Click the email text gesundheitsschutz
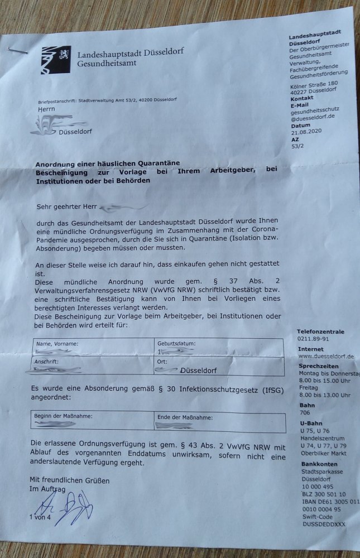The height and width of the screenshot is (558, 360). click(x=315, y=110)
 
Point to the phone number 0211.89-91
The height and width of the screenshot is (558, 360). click(x=313, y=339)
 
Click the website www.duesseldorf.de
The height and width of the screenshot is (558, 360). click(x=327, y=356)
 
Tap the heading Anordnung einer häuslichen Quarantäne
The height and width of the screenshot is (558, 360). click(x=107, y=163)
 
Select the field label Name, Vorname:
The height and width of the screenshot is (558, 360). click(x=57, y=343)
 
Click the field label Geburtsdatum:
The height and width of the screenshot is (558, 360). click(x=177, y=343)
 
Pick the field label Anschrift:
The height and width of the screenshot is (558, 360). click(x=47, y=362)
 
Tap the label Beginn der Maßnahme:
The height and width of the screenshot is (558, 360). click(x=63, y=416)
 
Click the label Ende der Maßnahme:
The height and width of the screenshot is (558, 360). click(x=185, y=416)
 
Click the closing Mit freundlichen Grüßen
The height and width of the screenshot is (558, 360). click(x=69, y=480)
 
